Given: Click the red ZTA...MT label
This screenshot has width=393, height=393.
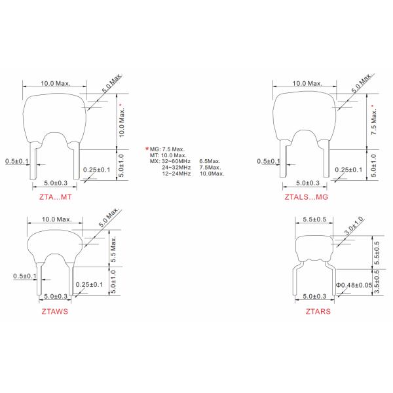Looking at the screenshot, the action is (56, 197).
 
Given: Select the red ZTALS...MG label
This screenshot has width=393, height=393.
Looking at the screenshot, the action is (307, 197).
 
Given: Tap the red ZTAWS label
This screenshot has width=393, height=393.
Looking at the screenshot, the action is (54, 311).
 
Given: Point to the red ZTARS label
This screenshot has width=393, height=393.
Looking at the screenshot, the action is (318, 311).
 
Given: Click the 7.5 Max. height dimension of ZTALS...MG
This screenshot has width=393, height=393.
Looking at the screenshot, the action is (374, 121).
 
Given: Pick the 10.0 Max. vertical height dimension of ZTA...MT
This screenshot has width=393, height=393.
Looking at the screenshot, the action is (122, 121).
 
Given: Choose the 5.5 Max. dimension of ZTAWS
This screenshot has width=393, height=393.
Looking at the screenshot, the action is (113, 249).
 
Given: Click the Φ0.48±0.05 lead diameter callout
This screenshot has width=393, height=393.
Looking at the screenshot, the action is (354, 285).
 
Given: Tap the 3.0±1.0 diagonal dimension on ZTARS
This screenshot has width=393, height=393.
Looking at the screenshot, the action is (354, 225).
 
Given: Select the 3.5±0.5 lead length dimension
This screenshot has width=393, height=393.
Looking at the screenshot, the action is (377, 282).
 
